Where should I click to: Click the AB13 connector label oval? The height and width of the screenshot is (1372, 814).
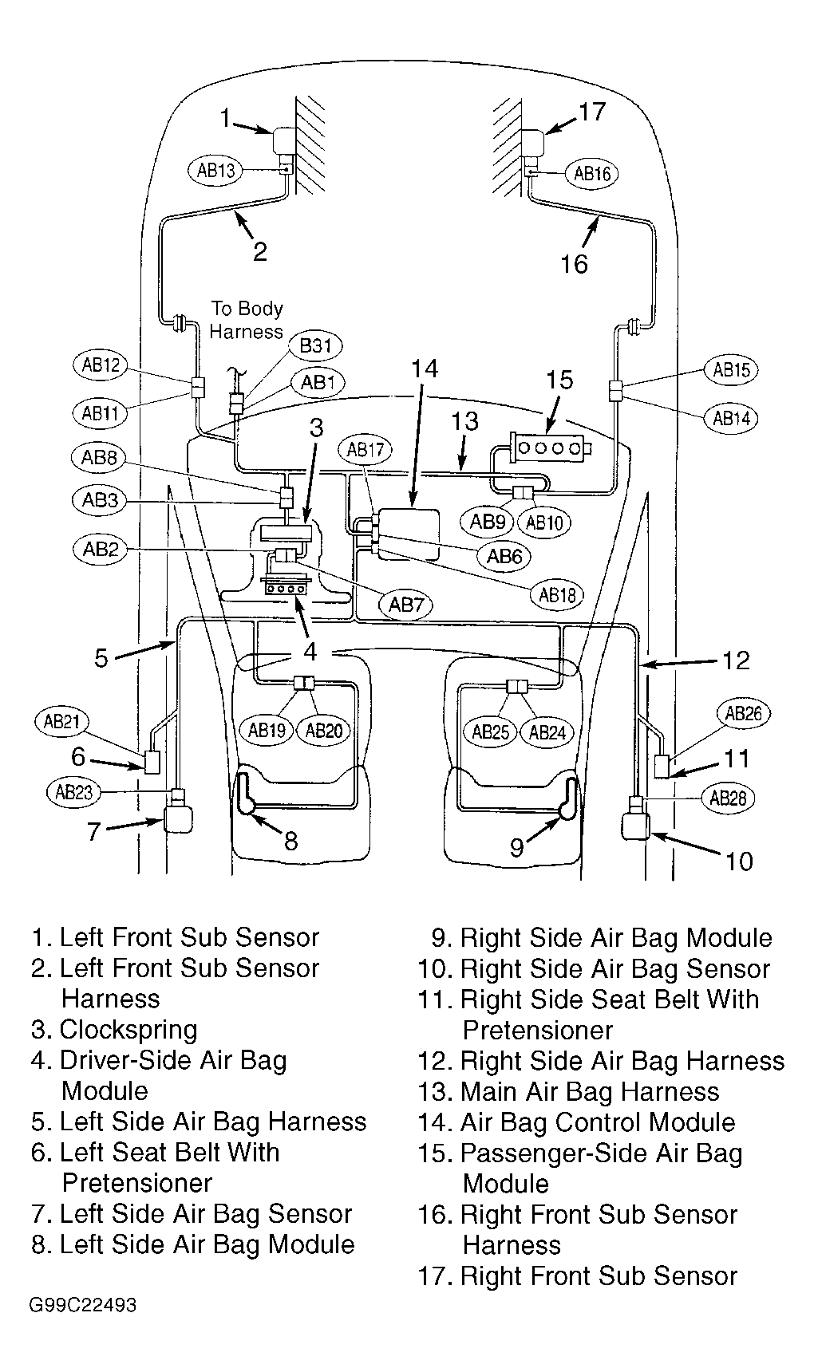point(215,169)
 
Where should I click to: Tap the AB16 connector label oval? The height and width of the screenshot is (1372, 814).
point(592,174)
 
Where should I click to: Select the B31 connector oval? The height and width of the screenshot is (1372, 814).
point(316,346)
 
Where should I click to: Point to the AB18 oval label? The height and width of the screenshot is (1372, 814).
point(557,594)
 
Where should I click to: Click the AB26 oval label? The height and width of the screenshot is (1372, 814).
point(744,714)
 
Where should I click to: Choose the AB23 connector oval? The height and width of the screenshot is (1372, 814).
point(73,792)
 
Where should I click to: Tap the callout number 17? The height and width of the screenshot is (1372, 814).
point(591,112)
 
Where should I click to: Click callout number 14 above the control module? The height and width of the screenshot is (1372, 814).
point(424,369)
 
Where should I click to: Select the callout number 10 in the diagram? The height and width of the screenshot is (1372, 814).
point(738,861)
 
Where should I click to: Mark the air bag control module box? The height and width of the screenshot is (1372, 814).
point(407,533)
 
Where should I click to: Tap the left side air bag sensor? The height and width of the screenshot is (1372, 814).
point(179,818)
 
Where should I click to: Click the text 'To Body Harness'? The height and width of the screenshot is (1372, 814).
point(247,320)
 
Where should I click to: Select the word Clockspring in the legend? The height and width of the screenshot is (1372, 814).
point(128,1030)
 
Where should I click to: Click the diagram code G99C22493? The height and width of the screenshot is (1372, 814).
point(84,1306)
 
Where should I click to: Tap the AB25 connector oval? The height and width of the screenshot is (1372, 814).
point(491,731)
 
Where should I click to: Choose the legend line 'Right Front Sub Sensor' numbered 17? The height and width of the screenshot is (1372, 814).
point(578,1276)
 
